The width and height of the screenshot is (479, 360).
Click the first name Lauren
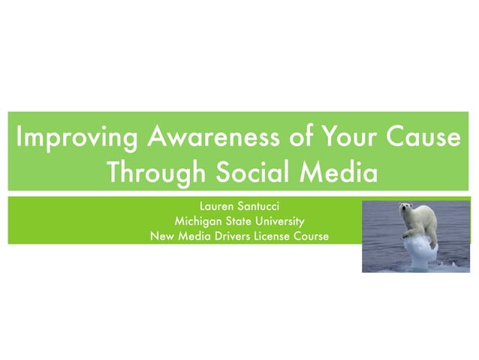click(218, 206)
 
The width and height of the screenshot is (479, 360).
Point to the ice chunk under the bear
click(416, 251)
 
